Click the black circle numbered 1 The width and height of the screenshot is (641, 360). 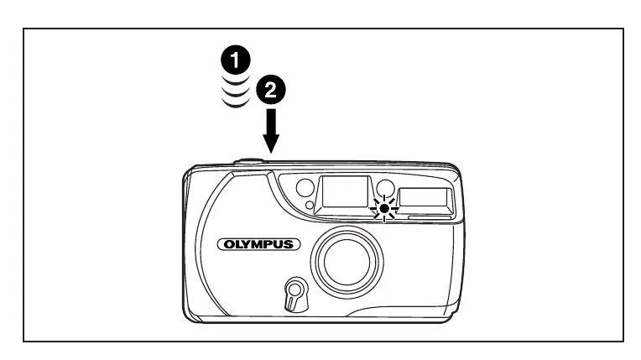(239, 60)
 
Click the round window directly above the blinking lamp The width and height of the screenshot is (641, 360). (385, 186)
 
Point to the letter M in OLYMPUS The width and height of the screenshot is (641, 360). (258, 245)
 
